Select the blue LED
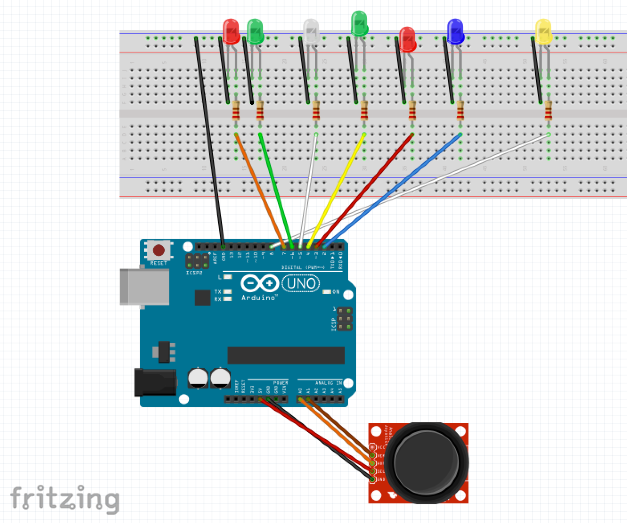click(x=455, y=30)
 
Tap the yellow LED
click(x=543, y=30)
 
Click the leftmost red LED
click(x=231, y=30)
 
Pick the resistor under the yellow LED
click(x=548, y=111)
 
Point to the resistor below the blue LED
click(x=460, y=111)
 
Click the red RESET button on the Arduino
click(x=159, y=250)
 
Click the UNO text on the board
click(x=301, y=283)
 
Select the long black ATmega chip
click(x=286, y=355)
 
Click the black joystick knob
click(x=426, y=463)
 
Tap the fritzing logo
click(x=65, y=498)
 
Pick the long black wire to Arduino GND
click(x=209, y=143)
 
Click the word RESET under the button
click(x=159, y=263)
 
